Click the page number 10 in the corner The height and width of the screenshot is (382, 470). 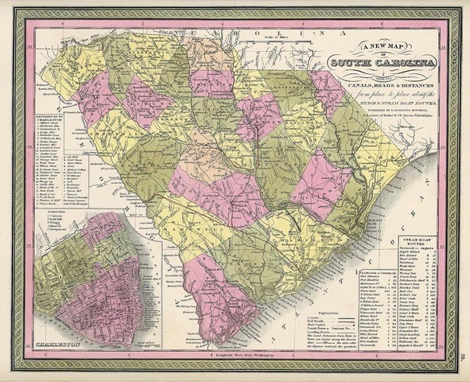pos(460,368)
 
